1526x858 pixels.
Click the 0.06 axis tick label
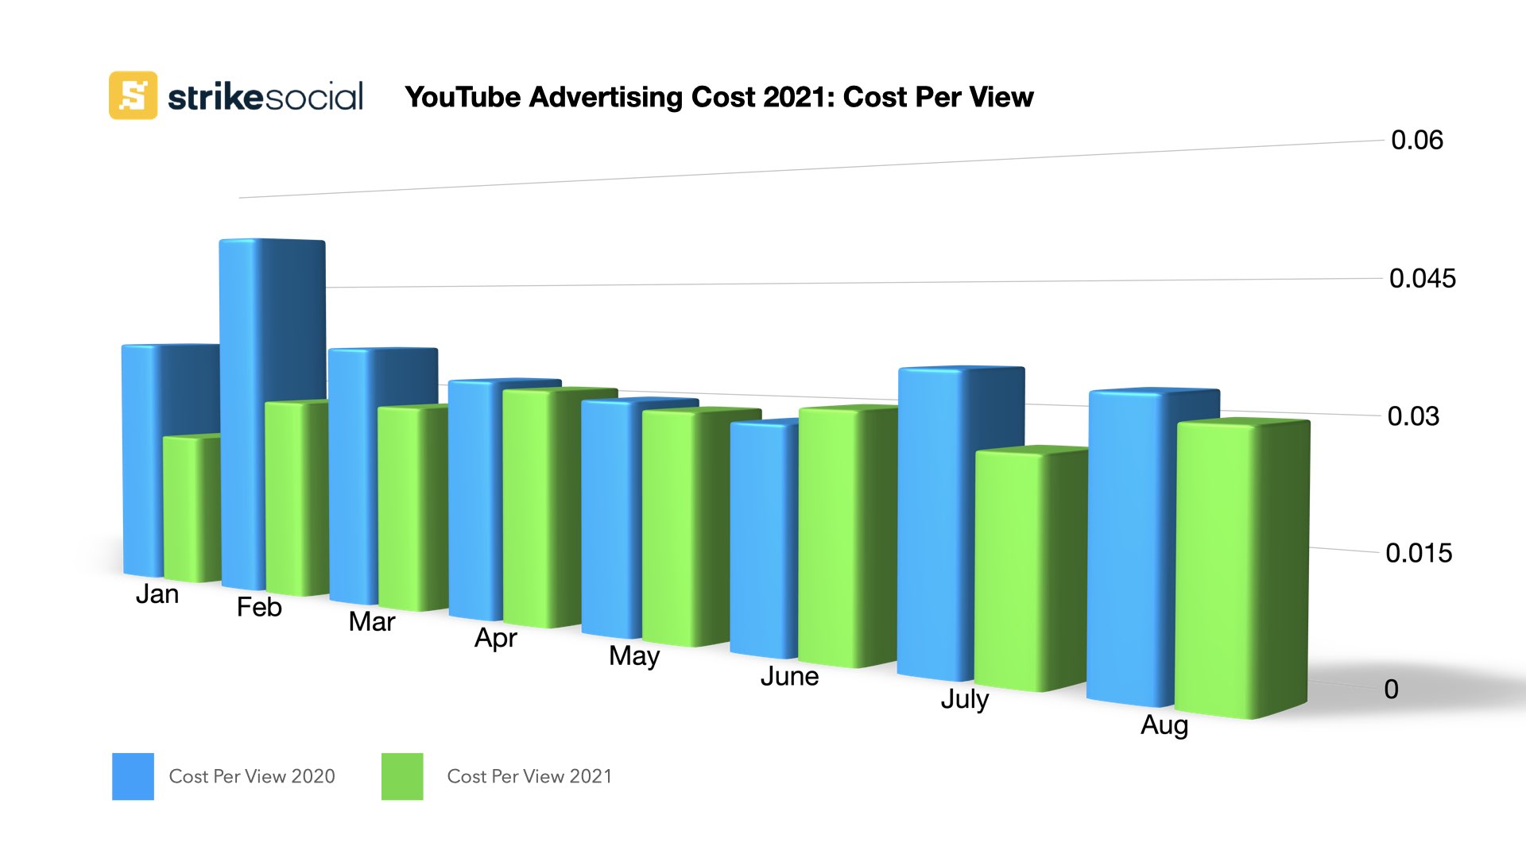click(1416, 141)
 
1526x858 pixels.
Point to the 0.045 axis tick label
click(1422, 279)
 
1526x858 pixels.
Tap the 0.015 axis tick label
click(1418, 553)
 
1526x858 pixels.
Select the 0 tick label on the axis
click(1391, 689)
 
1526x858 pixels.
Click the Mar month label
click(371, 621)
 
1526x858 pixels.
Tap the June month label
click(789, 676)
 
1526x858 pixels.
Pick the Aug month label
click(1164, 725)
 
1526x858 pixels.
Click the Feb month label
click(259, 607)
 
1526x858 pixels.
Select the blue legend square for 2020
click(133, 776)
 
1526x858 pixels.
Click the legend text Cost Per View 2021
click(529, 776)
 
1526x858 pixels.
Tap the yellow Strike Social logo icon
click(133, 95)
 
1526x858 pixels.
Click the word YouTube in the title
click(463, 97)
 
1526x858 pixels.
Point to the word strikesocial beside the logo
click(265, 97)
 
